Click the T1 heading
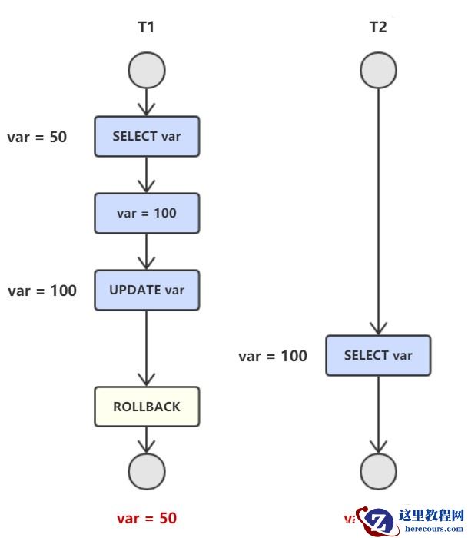146,28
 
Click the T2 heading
378,28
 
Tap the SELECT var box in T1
147,137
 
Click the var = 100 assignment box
147,213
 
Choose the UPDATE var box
147,291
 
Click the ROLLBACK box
147,407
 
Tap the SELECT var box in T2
378,355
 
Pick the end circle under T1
147,471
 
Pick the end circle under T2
379,471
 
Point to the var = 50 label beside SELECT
37,138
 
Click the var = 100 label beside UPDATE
42,291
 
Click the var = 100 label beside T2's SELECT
273,356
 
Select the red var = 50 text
147,519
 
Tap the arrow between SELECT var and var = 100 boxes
147,174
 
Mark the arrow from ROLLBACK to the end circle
147,440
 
